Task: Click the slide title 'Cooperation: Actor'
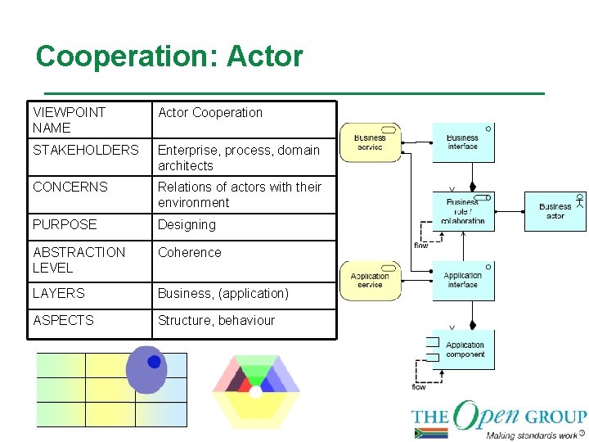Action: [169, 56]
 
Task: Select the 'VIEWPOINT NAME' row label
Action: [70, 120]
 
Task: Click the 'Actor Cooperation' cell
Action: [210, 113]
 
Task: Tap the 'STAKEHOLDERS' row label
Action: [86, 150]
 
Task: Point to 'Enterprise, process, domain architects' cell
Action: [238, 157]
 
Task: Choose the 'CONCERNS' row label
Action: [70, 187]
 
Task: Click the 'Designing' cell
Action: [187, 224]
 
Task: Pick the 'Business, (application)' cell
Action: [223, 293]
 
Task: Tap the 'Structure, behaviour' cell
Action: [216, 320]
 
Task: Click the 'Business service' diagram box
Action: [370, 142]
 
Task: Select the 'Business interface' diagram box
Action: [463, 142]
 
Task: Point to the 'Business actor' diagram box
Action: [555, 211]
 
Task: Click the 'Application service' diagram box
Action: [370, 280]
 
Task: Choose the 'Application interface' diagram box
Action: [463, 280]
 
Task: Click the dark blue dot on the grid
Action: [154, 362]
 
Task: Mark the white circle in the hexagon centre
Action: [256, 392]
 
